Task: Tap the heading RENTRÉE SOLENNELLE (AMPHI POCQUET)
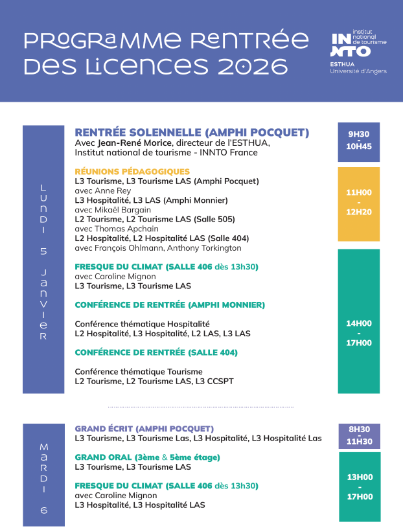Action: point(192,133)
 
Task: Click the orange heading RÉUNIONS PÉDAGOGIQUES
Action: point(132,172)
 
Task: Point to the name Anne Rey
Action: point(112,191)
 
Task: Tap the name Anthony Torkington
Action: point(210,247)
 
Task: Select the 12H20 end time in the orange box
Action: point(358,212)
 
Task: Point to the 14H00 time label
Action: point(358,323)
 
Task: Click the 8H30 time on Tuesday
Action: point(358,429)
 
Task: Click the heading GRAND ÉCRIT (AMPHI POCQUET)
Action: point(144,429)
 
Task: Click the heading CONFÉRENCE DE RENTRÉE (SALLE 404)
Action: point(156,353)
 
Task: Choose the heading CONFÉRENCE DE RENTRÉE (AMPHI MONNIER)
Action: point(170,304)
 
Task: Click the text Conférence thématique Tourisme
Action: point(139,372)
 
